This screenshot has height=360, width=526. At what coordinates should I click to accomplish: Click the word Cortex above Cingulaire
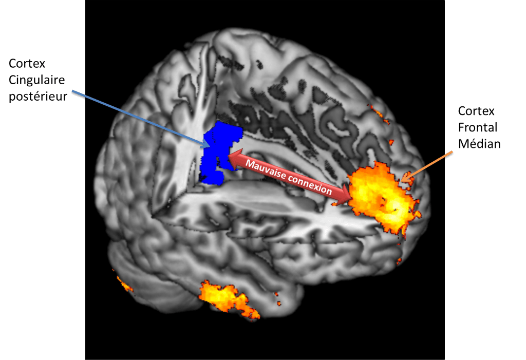coord(27,63)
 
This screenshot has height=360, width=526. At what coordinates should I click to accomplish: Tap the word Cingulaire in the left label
coord(36,80)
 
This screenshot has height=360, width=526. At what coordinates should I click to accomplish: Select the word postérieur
coord(38,97)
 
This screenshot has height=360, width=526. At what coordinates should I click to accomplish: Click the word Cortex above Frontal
coord(476,111)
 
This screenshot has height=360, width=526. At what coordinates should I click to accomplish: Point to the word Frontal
coord(478,127)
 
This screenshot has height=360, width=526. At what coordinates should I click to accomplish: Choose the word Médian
coord(479,144)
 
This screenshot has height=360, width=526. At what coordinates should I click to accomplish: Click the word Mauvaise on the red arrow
coord(266,170)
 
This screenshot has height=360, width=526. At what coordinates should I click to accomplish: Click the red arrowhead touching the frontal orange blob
coord(343,197)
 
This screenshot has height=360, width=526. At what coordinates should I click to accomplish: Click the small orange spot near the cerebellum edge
coord(124,284)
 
